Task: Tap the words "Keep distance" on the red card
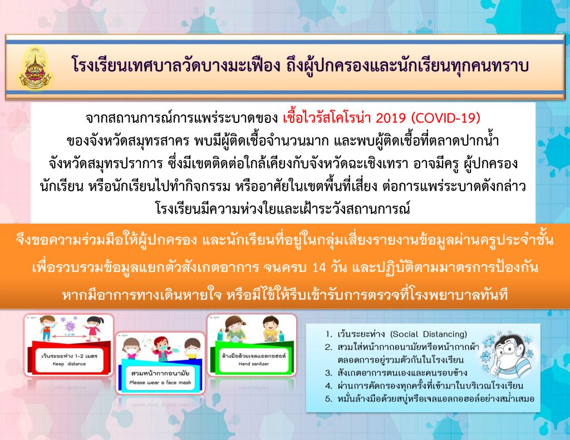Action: (69, 364)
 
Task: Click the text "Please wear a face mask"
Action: (160, 382)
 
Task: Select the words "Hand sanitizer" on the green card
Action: (254, 364)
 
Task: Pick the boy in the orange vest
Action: (48, 328)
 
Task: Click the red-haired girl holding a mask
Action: (162, 349)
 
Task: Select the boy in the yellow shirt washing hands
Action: (270, 328)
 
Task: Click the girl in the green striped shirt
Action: (234, 328)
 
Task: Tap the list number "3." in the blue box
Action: (328, 373)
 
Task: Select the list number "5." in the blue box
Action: (328, 399)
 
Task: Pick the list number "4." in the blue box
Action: (328, 386)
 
